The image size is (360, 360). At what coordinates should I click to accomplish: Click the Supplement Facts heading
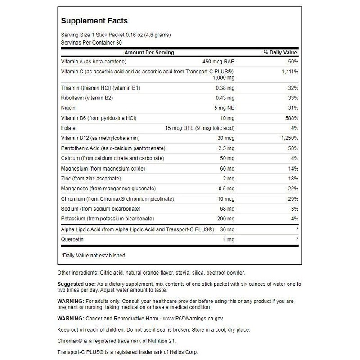click(x=94, y=21)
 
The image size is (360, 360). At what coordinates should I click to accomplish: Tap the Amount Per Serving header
click(x=149, y=53)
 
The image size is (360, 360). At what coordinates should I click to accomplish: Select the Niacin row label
click(x=68, y=108)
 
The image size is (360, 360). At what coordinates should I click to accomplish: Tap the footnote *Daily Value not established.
click(x=94, y=256)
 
